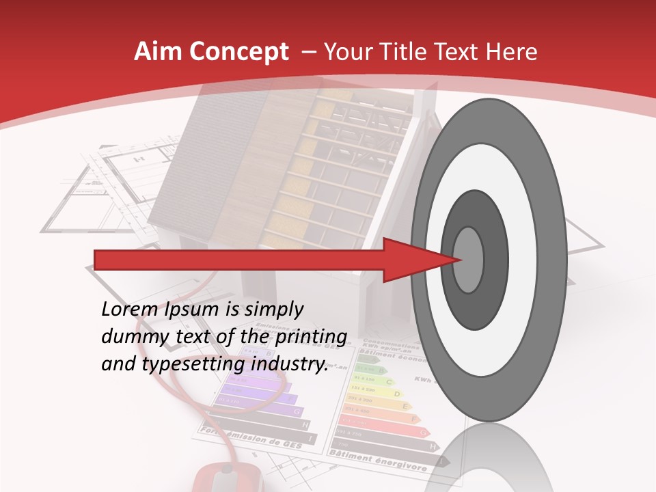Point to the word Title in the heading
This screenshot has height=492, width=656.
(407, 52)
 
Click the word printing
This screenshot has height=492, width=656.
(312, 337)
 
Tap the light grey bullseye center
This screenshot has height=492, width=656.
(469, 260)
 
